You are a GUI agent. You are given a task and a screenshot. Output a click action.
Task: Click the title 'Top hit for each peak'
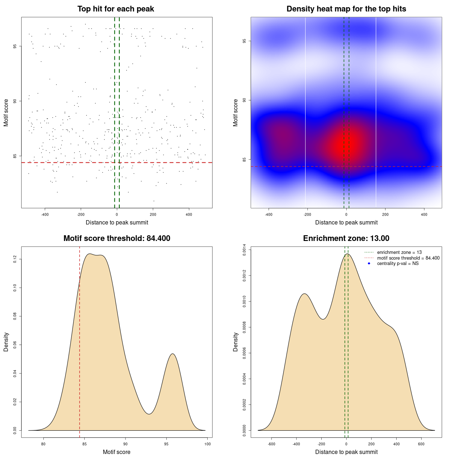click(116, 9)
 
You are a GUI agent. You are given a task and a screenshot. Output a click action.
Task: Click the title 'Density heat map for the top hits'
click(346, 9)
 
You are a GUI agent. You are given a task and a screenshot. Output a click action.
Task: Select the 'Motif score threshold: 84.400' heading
click(117, 238)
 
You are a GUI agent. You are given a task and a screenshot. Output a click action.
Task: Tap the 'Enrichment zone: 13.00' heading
click(346, 238)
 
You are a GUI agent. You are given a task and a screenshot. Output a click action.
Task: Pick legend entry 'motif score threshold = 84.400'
click(408, 258)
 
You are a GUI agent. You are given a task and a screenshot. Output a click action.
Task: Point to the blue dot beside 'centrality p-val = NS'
click(369, 264)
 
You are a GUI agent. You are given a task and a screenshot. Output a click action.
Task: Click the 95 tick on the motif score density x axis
click(166, 444)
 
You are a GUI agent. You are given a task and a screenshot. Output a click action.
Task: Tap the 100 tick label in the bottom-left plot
click(207, 444)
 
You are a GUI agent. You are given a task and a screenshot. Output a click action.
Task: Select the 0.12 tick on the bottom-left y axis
click(15, 259)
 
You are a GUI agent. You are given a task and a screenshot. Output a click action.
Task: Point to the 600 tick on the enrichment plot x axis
click(421, 444)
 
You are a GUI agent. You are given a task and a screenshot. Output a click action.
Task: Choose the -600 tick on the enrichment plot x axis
click(271, 444)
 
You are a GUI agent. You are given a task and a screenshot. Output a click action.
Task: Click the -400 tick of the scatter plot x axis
click(45, 214)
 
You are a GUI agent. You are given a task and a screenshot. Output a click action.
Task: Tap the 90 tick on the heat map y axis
click(245, 100)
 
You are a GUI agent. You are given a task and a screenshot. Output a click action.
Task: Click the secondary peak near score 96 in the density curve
click(173, 354)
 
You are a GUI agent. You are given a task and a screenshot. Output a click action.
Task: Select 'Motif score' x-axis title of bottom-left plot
click(117, 452)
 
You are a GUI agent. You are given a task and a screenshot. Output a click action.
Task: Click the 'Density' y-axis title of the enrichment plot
click(236, 342)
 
